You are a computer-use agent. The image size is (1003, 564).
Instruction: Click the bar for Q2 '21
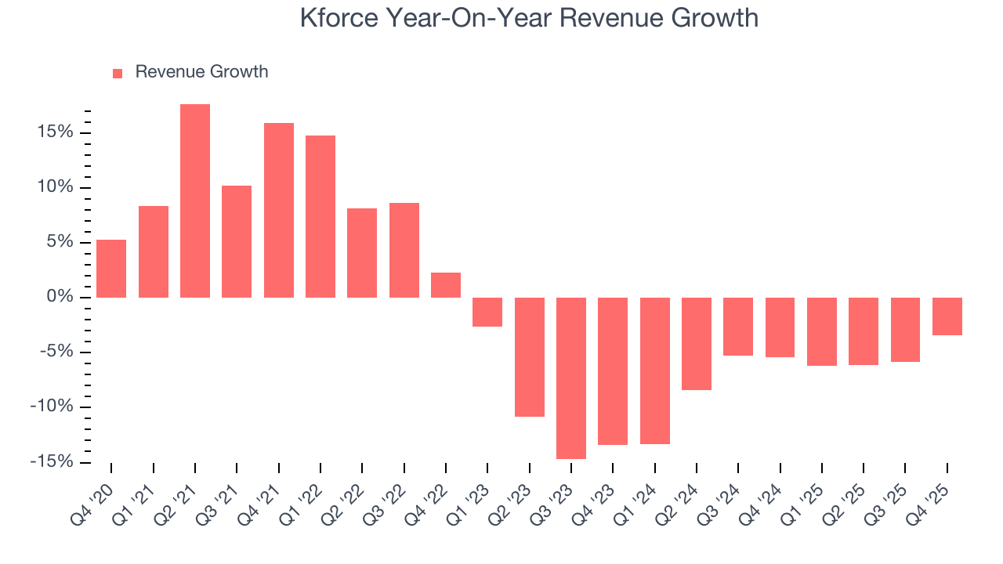pos(195,201)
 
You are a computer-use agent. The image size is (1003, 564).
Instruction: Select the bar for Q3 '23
pos(571,378)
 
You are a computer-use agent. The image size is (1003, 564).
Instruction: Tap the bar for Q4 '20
pos(111,269)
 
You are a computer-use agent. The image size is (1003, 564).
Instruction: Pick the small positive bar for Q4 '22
pos(446,285)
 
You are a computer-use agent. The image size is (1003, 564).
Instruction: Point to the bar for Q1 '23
pos(487,312)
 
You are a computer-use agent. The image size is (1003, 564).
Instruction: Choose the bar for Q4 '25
pos(947,316)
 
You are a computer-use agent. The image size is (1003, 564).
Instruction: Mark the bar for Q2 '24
pos(697,343)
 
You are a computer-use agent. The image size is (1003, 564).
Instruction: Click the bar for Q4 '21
pos(279,210)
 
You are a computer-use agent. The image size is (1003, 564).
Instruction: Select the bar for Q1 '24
pos(655,371)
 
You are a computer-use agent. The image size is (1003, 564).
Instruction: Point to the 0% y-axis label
pos(61,297)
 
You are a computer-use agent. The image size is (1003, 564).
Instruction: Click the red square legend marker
pos(118,73)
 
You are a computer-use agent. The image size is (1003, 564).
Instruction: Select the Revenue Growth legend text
pos(201,72)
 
